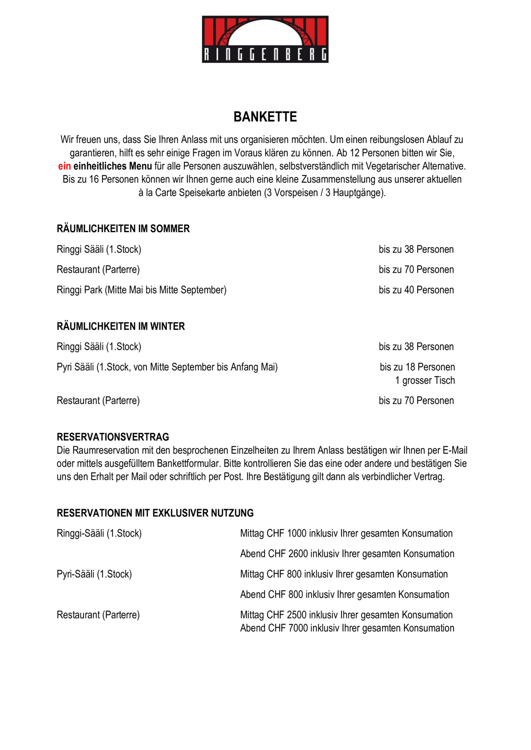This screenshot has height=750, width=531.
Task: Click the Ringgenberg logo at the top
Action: tap(265, 39)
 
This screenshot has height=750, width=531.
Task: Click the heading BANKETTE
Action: tap(265, 117)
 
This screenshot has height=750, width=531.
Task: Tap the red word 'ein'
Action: tap(64, 166)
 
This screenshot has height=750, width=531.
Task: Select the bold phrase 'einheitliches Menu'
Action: tap(113, 166)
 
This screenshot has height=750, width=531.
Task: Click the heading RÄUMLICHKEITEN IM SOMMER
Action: tap(123, 229)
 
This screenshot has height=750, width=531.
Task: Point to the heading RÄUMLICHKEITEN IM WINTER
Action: tap(121, 326)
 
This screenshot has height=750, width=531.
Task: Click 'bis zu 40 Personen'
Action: tap(416, 290)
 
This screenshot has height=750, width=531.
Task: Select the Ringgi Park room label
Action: tap(142, 290)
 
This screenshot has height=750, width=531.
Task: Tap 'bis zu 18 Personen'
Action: tap(417, 367)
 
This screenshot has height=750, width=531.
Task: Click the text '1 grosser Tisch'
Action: tap(425, 381)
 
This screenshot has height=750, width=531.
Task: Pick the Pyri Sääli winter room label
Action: tap(167, 367)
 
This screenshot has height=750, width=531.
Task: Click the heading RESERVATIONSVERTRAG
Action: tap(113, 437)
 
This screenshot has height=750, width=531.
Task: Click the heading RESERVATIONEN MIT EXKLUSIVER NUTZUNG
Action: tap(155, 513)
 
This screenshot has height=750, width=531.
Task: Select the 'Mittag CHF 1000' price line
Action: tap(346, 533)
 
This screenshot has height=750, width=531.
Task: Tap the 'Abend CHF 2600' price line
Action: tap(347, 554)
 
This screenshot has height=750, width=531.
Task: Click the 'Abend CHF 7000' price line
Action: tap(347, 628)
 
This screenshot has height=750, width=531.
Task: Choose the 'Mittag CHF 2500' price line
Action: tap(346, 615)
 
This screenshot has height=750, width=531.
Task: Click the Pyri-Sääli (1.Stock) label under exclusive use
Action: tap(94, 574)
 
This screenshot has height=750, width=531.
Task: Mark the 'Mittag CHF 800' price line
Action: tap(344, 574)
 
